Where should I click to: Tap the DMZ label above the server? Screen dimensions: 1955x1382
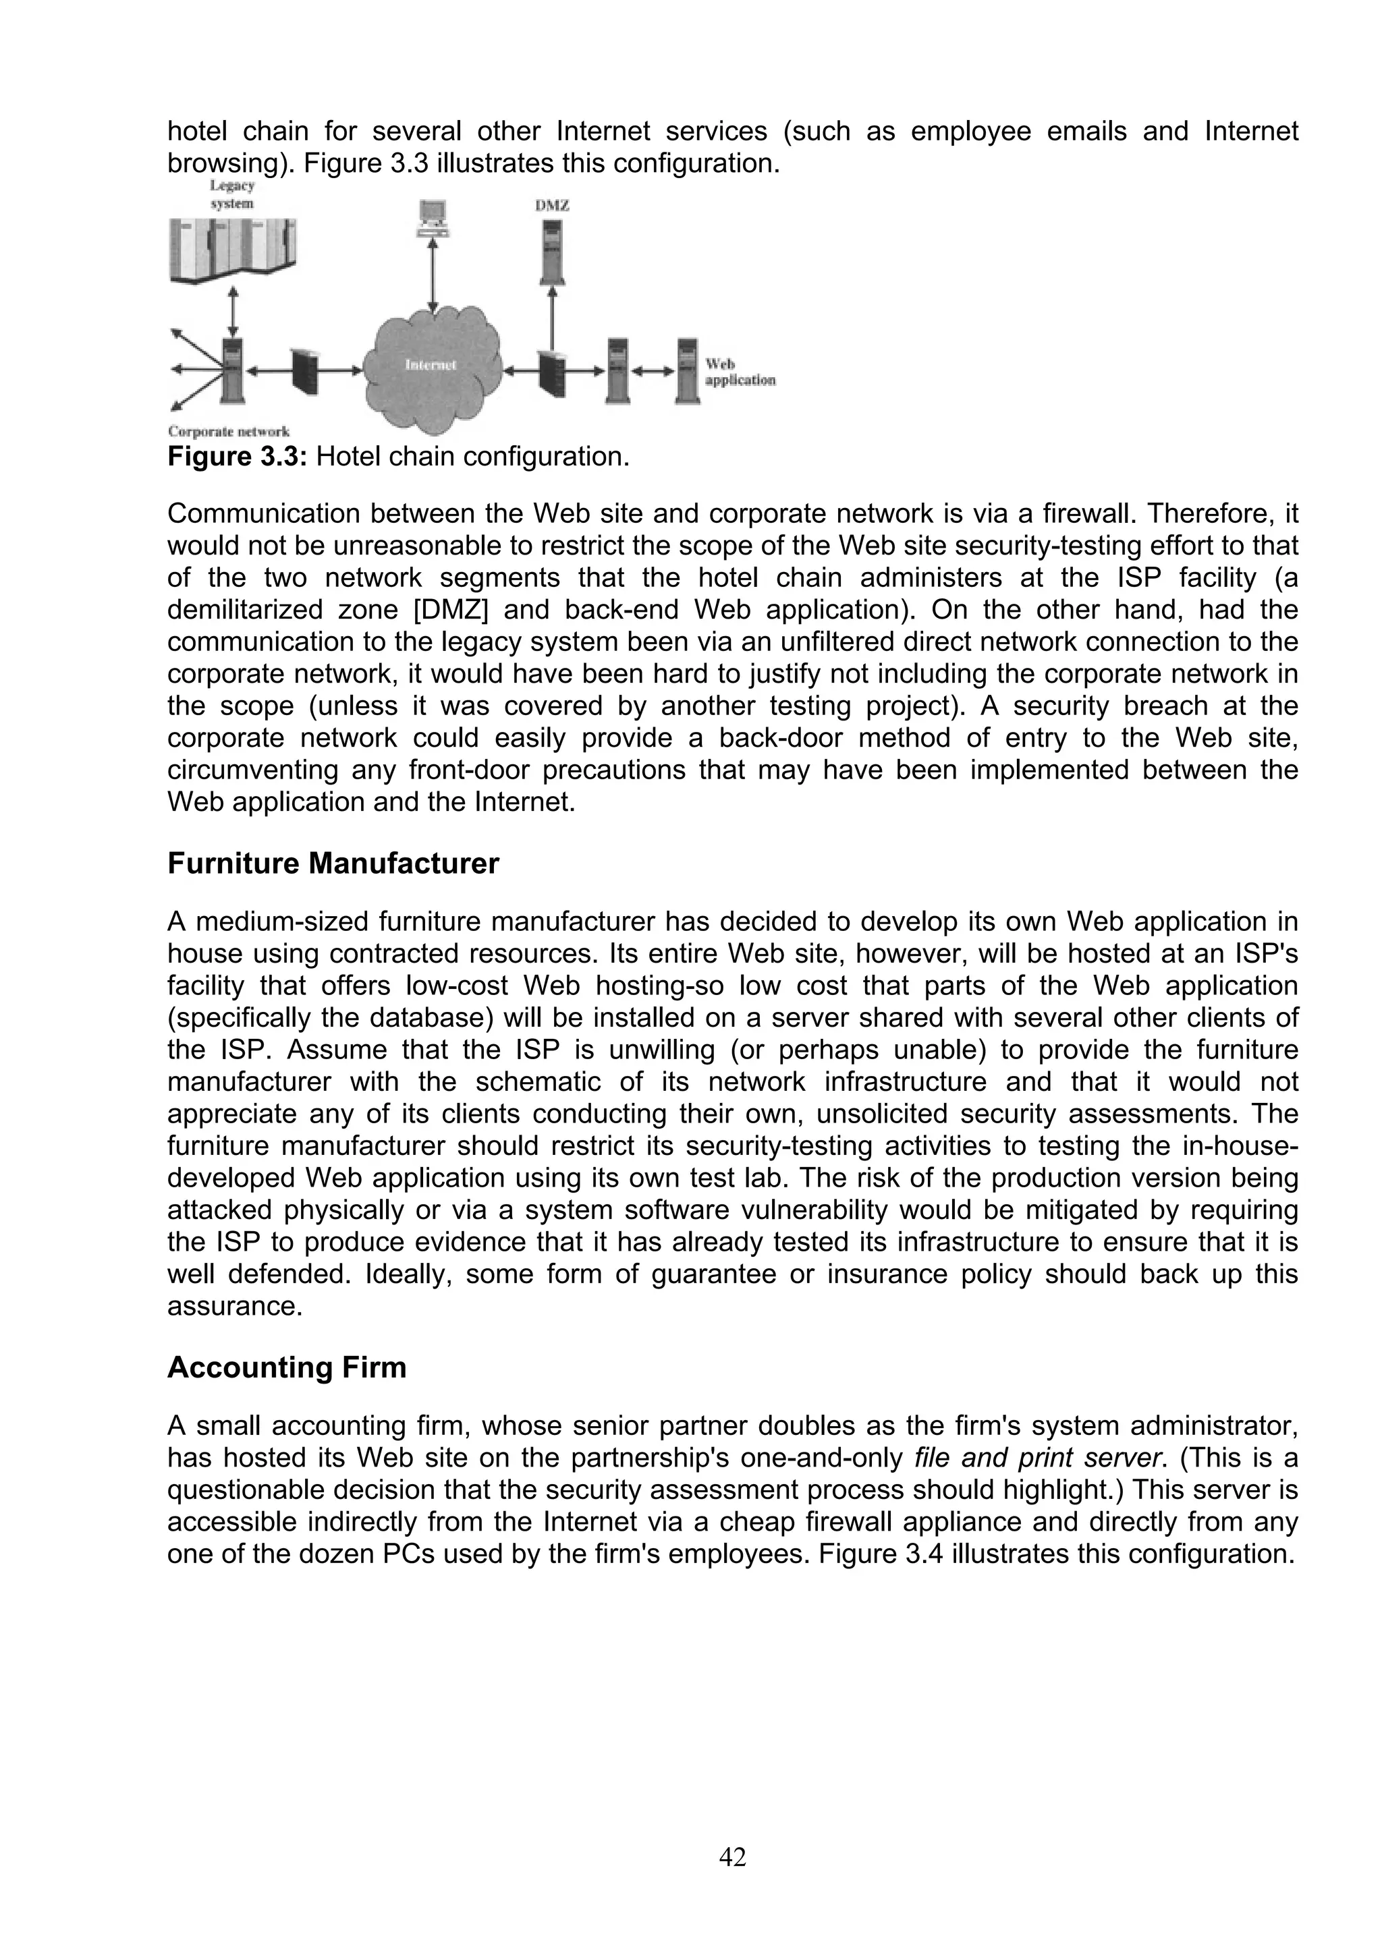click(552, 206)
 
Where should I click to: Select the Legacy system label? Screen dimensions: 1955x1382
click(231, 195)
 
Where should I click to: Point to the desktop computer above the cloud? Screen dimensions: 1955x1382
click(433, 218)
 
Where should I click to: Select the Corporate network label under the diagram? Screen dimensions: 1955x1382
click(228, 432)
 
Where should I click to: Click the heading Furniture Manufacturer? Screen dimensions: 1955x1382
click(333, 863)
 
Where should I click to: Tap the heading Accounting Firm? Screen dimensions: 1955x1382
click(286, 1367)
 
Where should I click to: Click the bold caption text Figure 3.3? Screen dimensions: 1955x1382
click(238, 457)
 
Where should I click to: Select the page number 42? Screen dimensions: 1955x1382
click(732, 1857)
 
